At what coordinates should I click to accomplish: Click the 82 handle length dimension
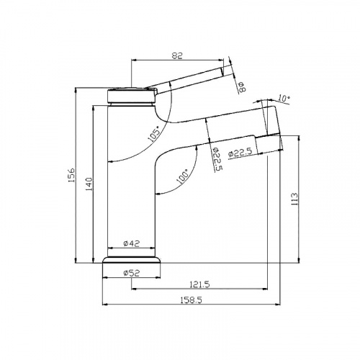tap(177, 55)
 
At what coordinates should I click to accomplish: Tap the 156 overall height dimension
tap(71, 175)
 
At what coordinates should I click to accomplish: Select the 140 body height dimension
tap(89, 184)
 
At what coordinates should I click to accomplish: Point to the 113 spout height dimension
tap(294, 199)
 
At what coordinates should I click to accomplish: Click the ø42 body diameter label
tap(132, 243)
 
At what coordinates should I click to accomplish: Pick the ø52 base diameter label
tap(131, 273)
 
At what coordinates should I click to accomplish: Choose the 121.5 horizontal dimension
tap(199, 284)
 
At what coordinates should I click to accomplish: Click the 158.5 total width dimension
tap(192, 300)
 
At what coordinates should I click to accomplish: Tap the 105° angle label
tap(154, 133)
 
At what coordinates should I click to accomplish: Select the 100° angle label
tap(182, 176)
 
